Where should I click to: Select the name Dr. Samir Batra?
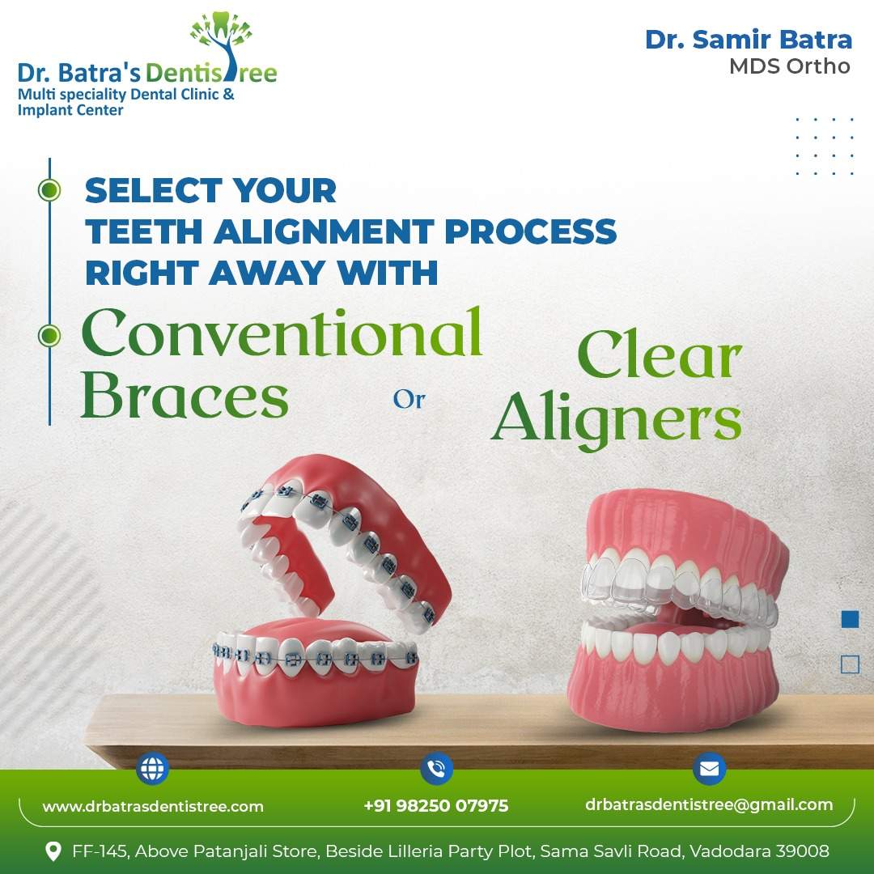coord(748,40)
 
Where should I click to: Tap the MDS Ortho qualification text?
coord(790,66)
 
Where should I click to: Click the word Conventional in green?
coord(282,333)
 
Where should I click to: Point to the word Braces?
coord(185,394)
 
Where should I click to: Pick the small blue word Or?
coord(409,399)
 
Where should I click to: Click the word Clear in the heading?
coord(660,354)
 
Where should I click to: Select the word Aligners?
coord(617,418)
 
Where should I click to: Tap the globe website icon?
coord(152,769)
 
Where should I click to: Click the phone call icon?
coord(436,769)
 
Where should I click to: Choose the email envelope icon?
coord(709,769)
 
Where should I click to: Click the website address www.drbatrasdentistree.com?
coord(153,806)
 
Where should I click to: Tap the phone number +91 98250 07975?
coord(436,805)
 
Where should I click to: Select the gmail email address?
coord(709,805)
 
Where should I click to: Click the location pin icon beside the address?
coord(53,851)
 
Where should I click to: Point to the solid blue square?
coord(850,619)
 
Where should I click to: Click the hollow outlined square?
coord(850,664)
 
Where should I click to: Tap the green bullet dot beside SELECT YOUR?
coord(49,190)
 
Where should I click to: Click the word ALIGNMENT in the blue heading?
coord(324,231)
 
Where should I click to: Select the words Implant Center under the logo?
coord(70,110)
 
